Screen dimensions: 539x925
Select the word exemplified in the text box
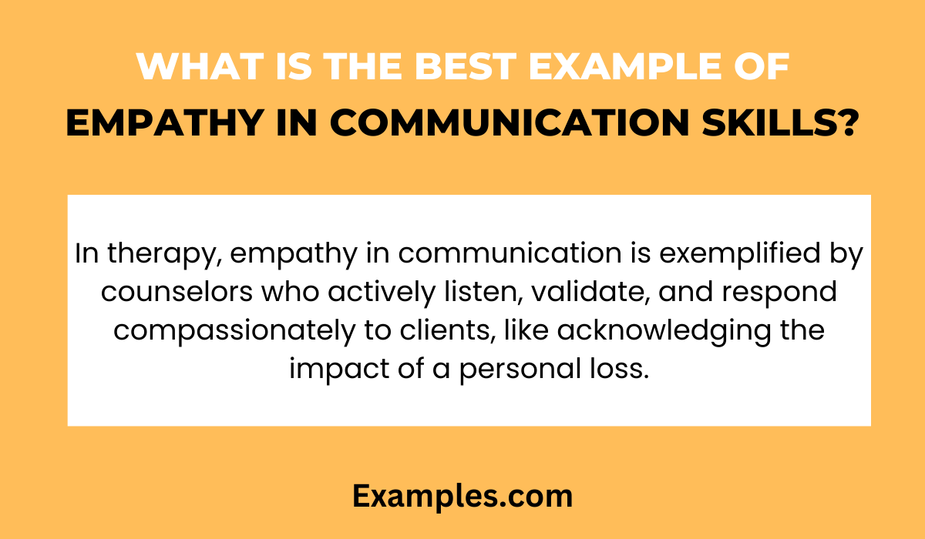tap(743, 254)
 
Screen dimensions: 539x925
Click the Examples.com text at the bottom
tap(462, 497)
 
